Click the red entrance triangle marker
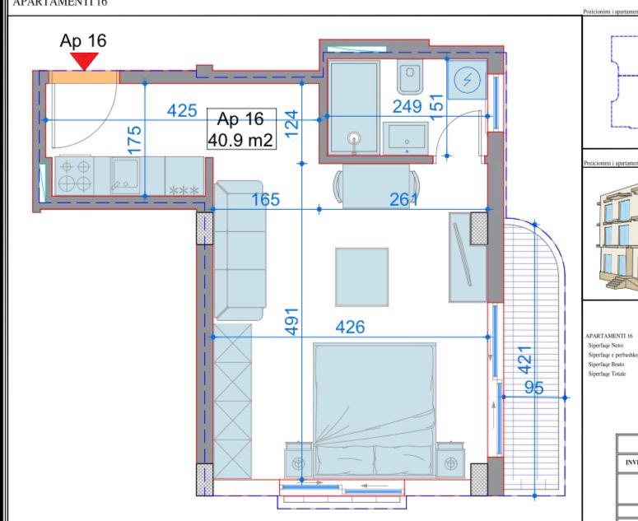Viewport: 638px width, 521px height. click(x=85, y=61)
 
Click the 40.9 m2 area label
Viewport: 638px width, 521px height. click(x=240, y=140)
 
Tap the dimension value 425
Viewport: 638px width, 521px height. click(x=182, y=111)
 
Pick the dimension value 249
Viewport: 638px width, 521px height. click(x=407, y=107)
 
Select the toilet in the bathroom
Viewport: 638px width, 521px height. click(x=409, y=79)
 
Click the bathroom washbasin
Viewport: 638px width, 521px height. click(x=407, y=139)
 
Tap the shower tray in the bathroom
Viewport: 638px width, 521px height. click(x=354, y=107)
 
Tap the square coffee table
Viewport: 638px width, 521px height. click(x=361, y=277)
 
